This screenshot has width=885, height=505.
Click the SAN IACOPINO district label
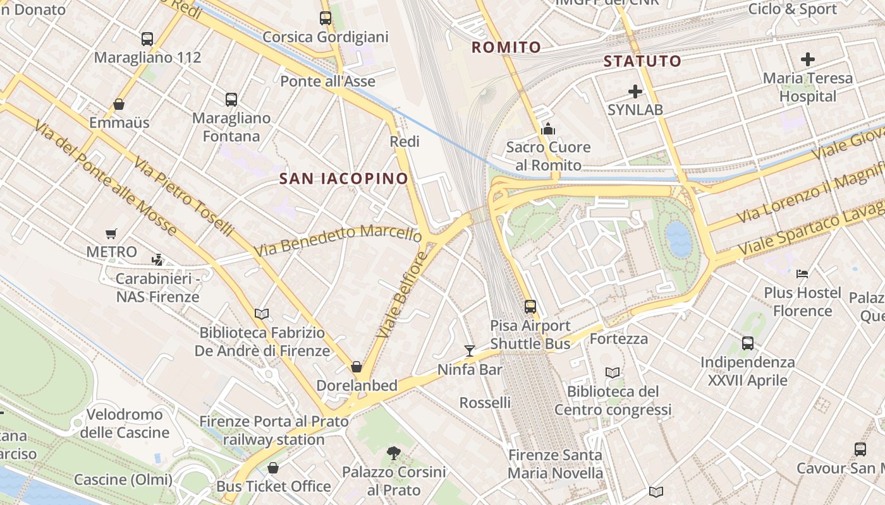(344, 179)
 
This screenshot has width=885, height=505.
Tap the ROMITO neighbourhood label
(506, 47)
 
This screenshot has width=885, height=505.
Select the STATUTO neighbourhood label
(642, 61)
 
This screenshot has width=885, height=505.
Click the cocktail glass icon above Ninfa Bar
(470, 351)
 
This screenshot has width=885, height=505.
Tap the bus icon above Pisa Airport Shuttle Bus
(530, 307)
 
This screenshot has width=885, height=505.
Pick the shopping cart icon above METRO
(112, 234)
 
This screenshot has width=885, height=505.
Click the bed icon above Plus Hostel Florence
(802, 274)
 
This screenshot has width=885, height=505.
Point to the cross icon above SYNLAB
(635, 92)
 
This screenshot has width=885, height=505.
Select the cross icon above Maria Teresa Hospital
(808, 60)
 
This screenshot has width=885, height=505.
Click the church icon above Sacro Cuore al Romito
(548, 129)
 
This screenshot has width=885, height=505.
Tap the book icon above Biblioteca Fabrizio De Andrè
(262, 314)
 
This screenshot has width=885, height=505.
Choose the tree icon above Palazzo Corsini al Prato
(394, 453)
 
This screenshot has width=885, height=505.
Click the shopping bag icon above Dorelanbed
(357, 367)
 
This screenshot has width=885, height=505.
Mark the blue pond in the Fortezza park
(679, 239)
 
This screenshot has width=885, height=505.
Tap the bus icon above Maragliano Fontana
(231, 100)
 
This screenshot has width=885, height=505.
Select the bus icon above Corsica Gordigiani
(326, 18)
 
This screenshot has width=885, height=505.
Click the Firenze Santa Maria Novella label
(556, 464)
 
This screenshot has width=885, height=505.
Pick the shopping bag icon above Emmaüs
(119, 104)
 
